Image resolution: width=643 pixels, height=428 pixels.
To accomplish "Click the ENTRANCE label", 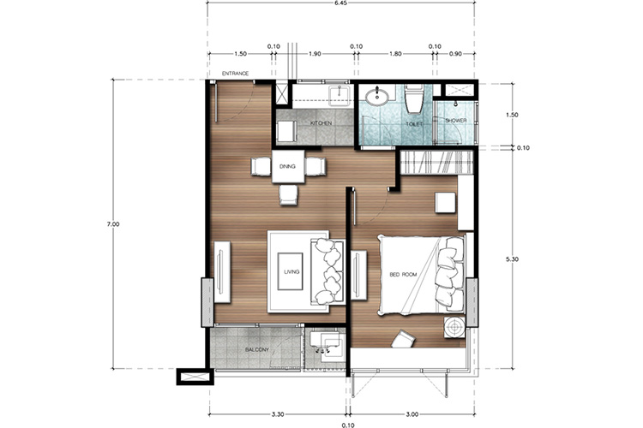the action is click(235, 74).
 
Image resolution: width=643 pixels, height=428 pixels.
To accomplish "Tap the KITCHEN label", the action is click(321, 123).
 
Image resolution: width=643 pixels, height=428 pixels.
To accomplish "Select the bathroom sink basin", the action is click(377, 97).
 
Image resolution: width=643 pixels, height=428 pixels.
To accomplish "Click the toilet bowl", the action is click(414, 99).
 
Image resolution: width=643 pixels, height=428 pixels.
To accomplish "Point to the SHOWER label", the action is click(456, 121).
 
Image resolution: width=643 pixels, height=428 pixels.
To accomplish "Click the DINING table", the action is click(288, 167).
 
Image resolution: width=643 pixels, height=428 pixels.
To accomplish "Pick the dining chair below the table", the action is click(288, 194).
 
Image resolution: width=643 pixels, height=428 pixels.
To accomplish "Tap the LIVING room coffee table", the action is click(291, 271).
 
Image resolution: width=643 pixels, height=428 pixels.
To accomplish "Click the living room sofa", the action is click(327, 271).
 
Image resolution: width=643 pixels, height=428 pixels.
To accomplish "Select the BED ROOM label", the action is click(403, 275).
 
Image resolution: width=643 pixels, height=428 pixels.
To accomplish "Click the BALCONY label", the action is click(257, 350).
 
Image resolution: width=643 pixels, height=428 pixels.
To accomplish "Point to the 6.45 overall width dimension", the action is click(341, 3).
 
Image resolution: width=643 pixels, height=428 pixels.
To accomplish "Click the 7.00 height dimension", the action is click(113, 224).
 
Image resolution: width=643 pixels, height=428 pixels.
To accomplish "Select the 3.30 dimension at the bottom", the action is click(278, 414).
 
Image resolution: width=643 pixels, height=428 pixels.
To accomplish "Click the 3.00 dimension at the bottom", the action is click(412, 414).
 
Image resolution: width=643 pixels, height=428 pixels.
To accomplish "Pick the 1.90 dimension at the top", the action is click(315, 53).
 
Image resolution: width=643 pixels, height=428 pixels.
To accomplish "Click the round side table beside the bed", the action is click(454, 327).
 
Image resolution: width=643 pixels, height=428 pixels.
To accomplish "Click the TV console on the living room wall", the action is click(222, 272).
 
